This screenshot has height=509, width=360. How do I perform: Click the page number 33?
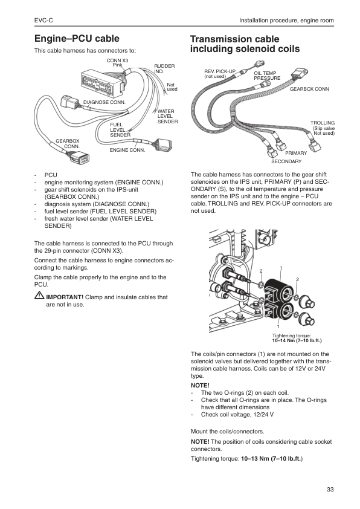point(330,489)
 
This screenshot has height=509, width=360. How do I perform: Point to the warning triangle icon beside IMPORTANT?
point(39,297)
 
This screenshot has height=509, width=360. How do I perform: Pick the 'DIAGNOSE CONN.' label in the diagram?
point(104,102)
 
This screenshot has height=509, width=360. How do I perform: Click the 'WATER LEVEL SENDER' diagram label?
point(167,117)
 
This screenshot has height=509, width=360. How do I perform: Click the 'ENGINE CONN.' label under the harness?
point(127,149)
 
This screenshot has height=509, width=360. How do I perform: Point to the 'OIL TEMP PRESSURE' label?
point(266,76)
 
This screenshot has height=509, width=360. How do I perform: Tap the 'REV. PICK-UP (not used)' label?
point(218,74)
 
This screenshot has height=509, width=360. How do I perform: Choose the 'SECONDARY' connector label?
point(286,161)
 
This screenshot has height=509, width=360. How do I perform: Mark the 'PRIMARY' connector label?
point(296,154)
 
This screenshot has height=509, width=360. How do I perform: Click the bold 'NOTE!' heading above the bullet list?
point(199,385)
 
